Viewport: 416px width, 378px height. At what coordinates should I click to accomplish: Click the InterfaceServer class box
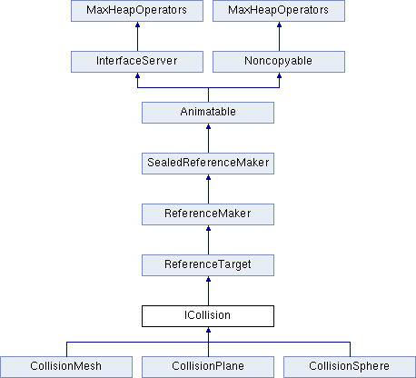tap(137, 62)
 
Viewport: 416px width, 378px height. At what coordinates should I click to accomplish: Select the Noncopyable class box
tap(279, 62)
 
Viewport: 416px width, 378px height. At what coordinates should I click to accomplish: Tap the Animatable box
tap(208, 113)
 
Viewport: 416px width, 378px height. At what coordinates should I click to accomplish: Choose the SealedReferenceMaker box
tap(208, 164)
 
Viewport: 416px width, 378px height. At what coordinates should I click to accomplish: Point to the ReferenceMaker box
tap(208, 214)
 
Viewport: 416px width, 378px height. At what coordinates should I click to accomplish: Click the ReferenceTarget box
tap(208, 265)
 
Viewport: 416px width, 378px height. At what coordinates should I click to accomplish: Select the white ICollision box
tap(208, 316)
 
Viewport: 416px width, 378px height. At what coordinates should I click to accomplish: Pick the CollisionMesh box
tap(66, 367)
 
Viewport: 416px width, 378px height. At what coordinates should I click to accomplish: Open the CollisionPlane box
tap(208, 367)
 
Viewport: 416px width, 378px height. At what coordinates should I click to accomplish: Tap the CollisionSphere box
tap(350, 367)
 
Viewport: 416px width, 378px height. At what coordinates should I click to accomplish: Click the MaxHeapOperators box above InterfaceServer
tap(137, 11)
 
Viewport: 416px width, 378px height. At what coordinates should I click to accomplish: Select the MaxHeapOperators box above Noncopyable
tap(279, 11)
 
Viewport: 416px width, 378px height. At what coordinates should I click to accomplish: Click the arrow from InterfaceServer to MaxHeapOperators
tap(137, 36)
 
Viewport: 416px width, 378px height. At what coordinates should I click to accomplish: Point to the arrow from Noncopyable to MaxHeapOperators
tap(279, 36)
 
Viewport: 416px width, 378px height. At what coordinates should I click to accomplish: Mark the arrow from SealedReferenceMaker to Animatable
tap(208, 138)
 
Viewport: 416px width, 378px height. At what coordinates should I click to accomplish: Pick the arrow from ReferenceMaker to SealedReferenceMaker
tap(208, 189)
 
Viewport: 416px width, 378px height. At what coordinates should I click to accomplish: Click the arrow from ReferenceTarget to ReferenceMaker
tap(208, 240)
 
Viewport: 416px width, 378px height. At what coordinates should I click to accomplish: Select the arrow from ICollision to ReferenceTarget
tap(208, 291)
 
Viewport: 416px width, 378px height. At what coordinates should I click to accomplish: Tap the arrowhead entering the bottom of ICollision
tap(208, 330)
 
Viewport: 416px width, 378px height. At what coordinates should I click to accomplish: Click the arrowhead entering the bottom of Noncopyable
tap(279, 75)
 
